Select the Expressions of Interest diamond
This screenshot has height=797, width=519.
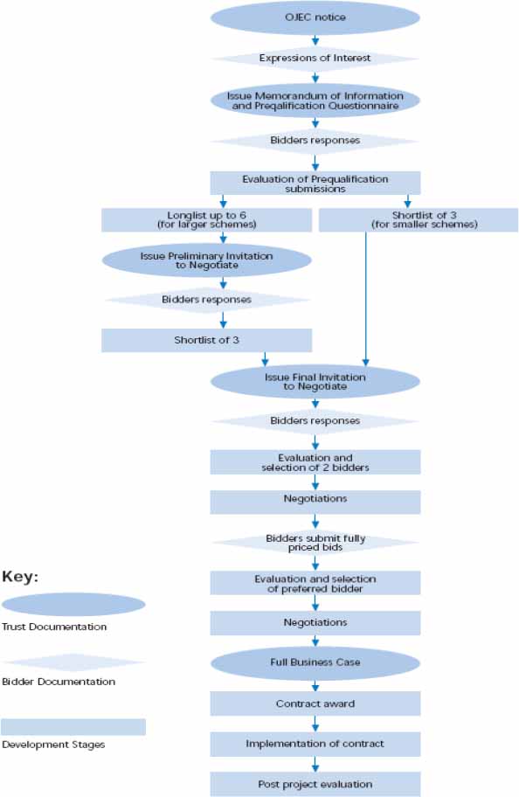[315, 59]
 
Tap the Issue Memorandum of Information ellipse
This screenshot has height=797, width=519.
[315, 100]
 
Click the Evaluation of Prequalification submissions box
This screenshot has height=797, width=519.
[315, 183]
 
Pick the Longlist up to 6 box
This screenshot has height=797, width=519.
[206, 219]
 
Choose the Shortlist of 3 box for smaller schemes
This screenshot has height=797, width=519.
[418, 219]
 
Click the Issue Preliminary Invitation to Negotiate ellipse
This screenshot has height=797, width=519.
[206, 260]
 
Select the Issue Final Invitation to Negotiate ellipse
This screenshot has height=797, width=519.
[315, 381]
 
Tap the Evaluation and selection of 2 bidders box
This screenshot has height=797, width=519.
[315, 461]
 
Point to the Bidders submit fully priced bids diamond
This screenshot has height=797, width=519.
[315, 543]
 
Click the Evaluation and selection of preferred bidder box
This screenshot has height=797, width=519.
[315, 583]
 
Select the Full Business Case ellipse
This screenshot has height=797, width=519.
[315, 662]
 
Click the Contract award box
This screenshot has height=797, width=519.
[315, 703]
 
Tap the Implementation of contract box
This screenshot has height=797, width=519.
[315, 744]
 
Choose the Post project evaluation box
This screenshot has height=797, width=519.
[315, 784]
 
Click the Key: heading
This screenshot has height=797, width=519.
[21, 577]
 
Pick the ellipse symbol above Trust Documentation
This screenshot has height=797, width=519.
[73, 605]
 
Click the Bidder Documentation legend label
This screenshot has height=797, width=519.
[58, 682]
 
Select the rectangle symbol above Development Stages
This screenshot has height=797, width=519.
[73, 727]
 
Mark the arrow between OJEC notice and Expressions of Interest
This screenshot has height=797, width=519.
[315, 39]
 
